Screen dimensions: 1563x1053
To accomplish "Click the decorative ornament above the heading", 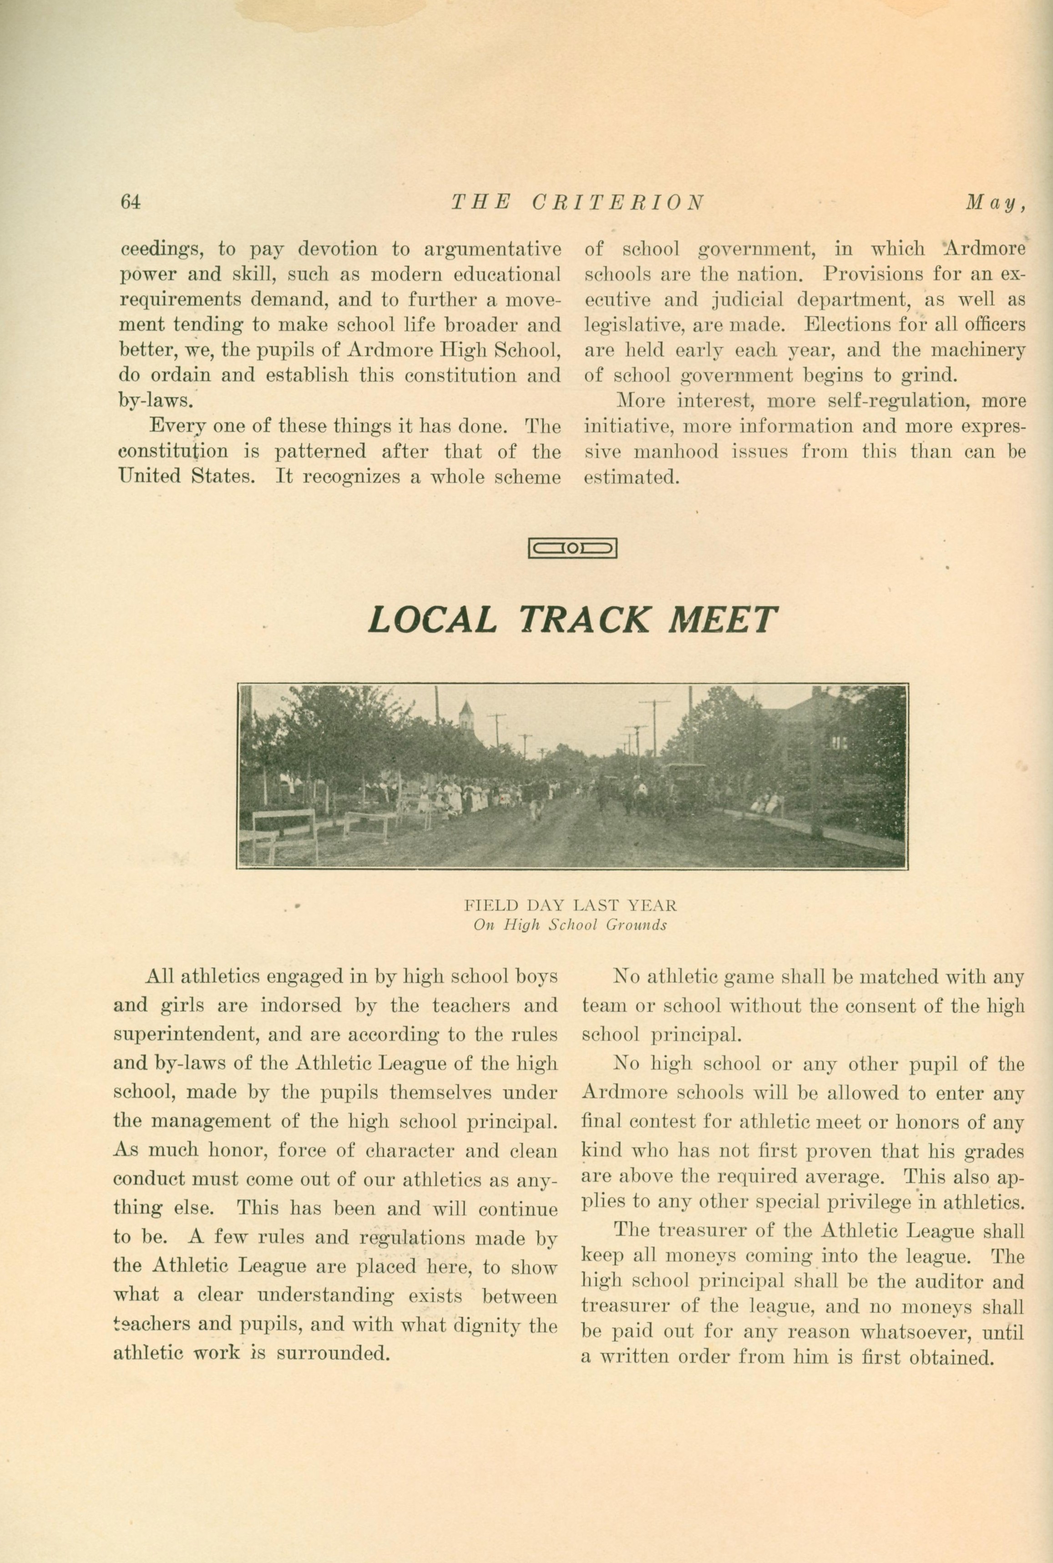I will click(572, 549).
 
